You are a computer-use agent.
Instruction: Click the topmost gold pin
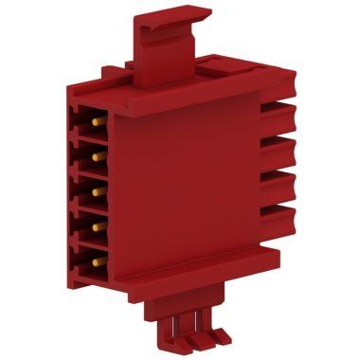(x=97, y=124)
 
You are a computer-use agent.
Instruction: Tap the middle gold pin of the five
(x=97, y=190)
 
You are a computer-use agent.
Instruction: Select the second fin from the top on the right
(x=279, y=149)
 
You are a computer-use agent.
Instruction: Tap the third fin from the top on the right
(x=279, y=182)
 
